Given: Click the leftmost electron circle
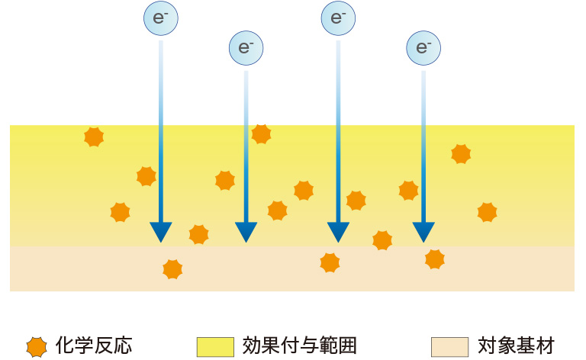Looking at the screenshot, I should tap(161, 19).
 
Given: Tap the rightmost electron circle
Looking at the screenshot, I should tap(423, 47).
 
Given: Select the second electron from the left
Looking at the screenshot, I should tap(246, 47).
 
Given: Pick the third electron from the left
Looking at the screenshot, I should tap(338, 18).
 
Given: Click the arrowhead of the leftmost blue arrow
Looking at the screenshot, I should tap(161, 232).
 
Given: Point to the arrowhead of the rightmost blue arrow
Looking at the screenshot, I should tap(423, 232).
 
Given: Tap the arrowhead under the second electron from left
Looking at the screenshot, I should tap(246, 232).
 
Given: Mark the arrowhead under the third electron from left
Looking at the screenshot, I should tap(338, 232).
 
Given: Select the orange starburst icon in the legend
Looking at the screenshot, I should tap(36, 347).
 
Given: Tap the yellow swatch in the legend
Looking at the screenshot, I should tap(215, 347).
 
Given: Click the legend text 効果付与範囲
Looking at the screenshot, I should tap(299, 346).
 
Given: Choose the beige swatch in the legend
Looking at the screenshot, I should tap(449, 347).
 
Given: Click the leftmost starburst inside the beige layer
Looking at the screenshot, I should tap(173, 268).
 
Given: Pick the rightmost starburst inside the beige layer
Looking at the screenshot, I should tap(435, 259).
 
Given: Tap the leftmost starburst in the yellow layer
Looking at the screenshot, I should tap(94, 137).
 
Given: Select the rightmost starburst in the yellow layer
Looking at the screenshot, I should tap(487, 212).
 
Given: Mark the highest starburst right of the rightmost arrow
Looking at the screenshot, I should tap(461, 154).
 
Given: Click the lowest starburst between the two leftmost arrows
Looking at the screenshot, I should tap(198, 234).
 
